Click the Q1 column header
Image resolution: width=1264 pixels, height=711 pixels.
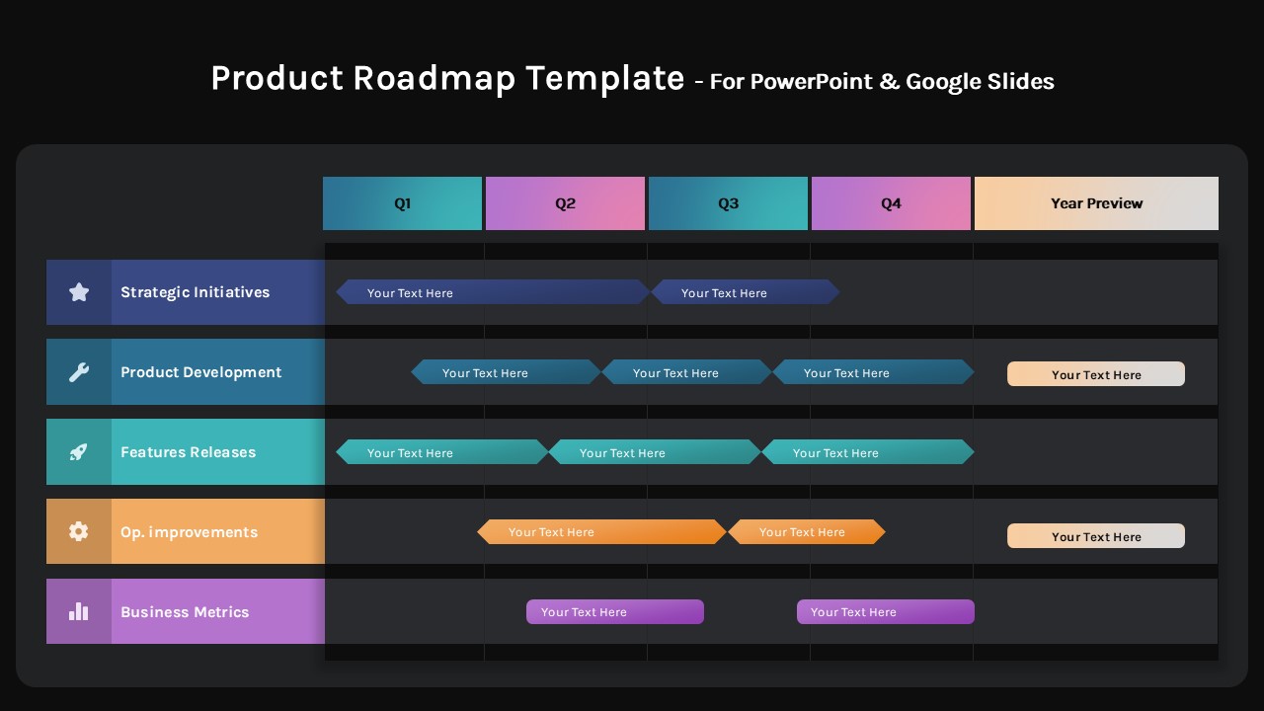click(402, 203)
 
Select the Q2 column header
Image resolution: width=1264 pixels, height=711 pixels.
click(565, 203)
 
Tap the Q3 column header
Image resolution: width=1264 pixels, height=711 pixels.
click(728, 203)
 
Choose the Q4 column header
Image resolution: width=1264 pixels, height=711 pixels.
click(891, 203)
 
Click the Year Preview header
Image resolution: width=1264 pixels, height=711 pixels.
click(1096, 203)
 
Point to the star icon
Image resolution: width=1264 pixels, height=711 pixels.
click(79, 292)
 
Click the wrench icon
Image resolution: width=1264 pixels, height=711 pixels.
click(79, 372)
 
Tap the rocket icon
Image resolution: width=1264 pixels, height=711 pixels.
click(79, 452)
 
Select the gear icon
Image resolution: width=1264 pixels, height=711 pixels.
click(79, 531)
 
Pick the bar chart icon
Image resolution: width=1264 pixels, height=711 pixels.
click(79, 612)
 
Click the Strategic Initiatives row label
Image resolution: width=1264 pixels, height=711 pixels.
click(195, 292)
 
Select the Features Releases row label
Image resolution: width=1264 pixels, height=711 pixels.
click(188, 452)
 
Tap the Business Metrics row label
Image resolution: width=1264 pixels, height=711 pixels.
click(185, 612)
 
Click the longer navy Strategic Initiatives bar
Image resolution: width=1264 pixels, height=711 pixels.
click(492, 292)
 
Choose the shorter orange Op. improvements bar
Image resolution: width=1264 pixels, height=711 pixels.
click(806, 532)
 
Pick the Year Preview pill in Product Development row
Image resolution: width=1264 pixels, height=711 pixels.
click(1096, 374)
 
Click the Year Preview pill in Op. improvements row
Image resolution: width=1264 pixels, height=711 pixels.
click(1096, 536)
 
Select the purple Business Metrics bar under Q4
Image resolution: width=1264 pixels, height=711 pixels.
click(885, 612)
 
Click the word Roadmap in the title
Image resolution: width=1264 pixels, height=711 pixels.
click(434, 78)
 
